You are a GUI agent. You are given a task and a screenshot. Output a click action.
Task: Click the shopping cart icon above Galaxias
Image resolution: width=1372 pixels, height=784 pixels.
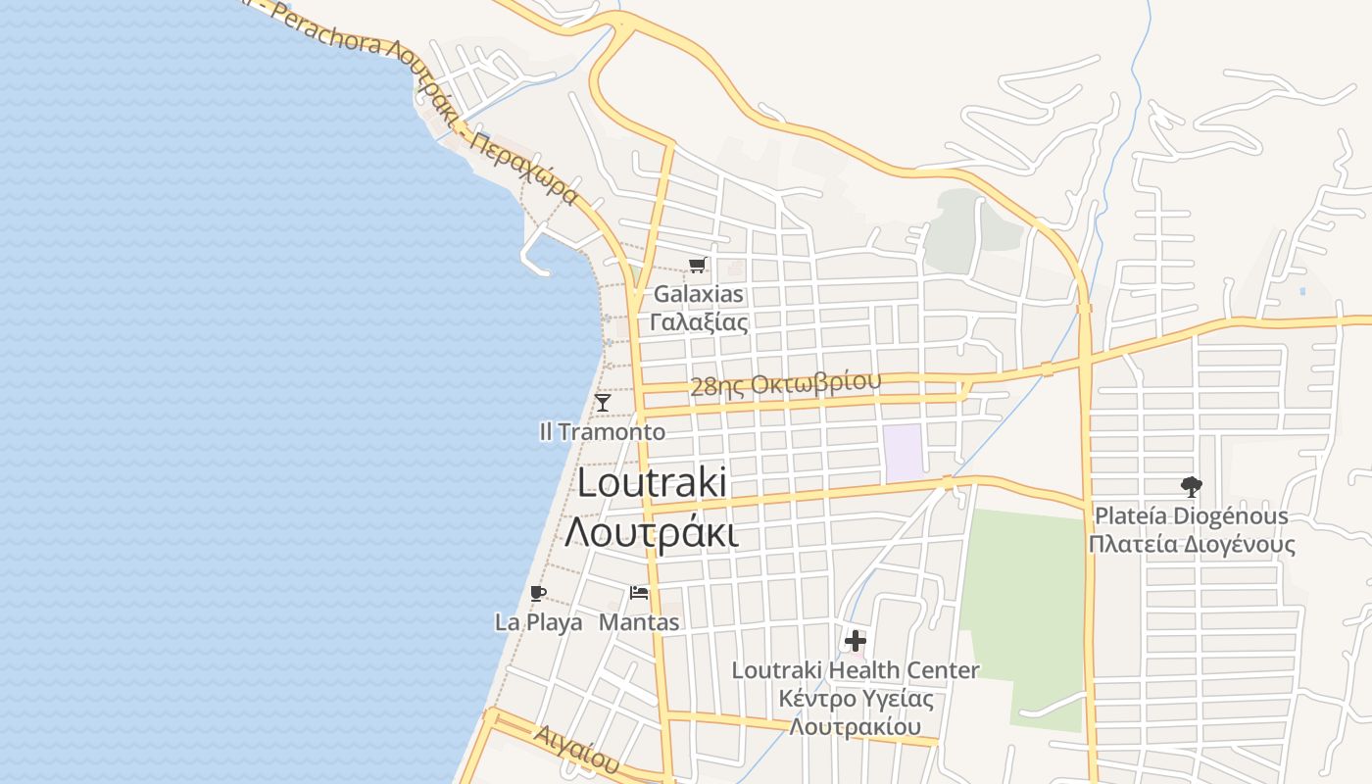(697, 265)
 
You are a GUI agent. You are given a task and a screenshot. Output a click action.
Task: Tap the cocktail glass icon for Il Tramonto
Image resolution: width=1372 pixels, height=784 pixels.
(603, 403)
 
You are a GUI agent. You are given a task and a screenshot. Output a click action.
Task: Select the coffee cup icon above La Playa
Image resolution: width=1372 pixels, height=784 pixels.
(537, 592)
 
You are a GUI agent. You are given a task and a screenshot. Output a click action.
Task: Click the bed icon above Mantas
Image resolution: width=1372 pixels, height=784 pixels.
(639, 592)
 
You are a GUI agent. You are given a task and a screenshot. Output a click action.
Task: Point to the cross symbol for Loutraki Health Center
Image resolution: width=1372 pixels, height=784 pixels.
(856, 641)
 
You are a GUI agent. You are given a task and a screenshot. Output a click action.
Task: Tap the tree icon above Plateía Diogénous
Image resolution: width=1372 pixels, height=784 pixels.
(1191, 486)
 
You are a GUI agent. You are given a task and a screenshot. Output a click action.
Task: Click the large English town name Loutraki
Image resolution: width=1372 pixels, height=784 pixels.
(652, 482)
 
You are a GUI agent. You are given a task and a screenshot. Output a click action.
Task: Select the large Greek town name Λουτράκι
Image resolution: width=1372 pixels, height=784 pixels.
(652, 533)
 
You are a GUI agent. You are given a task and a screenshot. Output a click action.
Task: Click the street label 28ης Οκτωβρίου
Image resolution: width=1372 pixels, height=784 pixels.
(785, 383)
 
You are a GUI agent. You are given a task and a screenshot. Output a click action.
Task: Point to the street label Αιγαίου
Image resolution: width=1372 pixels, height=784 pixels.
(578, 748)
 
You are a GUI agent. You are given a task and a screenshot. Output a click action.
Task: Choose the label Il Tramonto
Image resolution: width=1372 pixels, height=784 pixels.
(602, 431)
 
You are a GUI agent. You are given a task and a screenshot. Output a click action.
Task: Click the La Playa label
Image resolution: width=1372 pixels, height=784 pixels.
(538, 621)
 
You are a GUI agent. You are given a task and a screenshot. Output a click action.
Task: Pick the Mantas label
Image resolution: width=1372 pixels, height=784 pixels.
(639, 621)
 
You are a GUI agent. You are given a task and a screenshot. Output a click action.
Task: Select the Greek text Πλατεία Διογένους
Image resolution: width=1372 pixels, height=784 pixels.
(1191, 544)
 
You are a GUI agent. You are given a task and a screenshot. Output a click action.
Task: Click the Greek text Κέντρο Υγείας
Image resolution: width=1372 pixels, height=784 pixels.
(856, 699)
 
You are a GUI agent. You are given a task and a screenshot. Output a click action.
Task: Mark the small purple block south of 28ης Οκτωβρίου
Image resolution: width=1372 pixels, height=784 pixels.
(904, 453)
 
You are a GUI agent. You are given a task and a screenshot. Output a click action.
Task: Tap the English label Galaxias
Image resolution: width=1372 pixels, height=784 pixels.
(699, 294)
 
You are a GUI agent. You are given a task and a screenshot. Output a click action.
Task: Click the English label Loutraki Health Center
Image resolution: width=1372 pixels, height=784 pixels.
(856, 670)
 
